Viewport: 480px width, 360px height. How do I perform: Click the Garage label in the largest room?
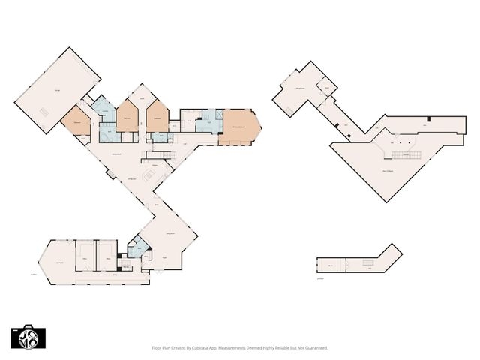pos(58,91)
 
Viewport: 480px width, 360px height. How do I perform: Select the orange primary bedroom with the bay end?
pos(239,127)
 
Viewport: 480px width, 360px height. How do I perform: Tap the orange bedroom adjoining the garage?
pos(76,122)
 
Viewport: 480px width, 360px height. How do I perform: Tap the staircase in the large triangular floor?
pos(404,156)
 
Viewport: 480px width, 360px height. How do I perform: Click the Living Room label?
pos(170,234)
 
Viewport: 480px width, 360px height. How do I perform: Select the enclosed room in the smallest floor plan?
pos(330,265)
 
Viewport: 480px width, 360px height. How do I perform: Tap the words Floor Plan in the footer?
pos(163,348)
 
